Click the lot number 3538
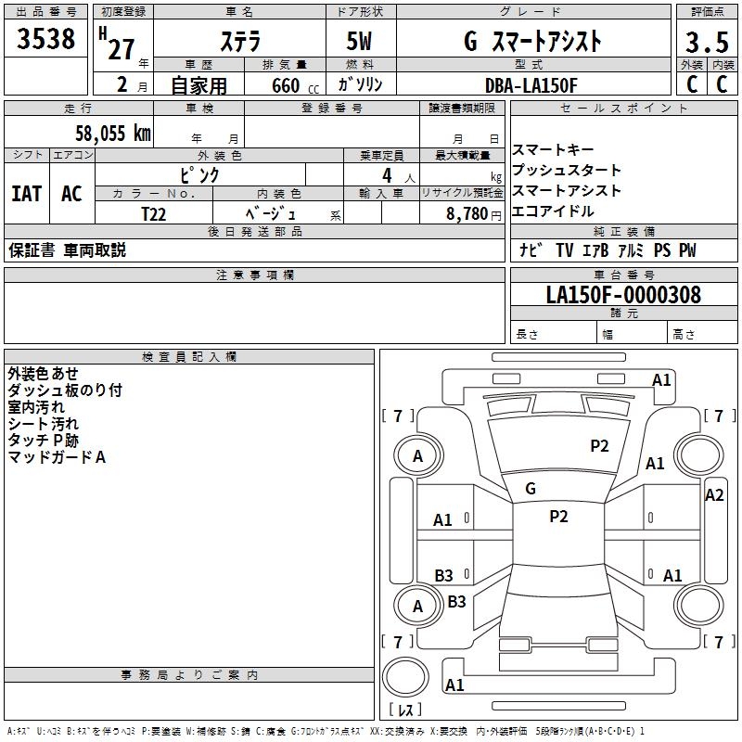tap(45, 39)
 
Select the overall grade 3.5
tap(707, 43)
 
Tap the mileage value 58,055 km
tap(113, 134)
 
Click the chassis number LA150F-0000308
tap(623, 294)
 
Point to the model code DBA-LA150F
tap(531, 85)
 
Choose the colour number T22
tap(153, 214)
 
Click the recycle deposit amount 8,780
tap(467, 214)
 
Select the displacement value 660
tap(286, 86)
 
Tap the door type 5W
tap(359, 42)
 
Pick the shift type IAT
tap(27, 194)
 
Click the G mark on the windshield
tap(531, 489)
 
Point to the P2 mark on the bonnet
tap(599, 446)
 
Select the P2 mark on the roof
tap(558, 517)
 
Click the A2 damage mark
tap(714, 495)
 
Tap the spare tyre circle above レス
tap(405, 677)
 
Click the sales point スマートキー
tap(553, 149)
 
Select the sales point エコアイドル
tap(553, 211)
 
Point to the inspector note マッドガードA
tap(57, 457)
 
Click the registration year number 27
tap(122, 49)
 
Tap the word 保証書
tap(32, 250)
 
